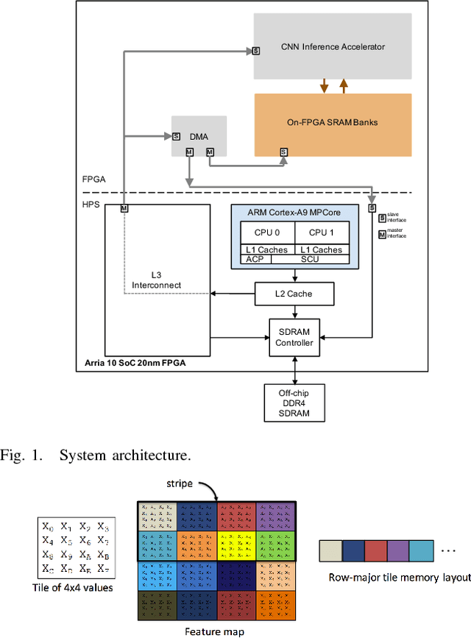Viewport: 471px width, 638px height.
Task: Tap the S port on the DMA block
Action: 177,136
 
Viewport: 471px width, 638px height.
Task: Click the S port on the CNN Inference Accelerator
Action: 256,51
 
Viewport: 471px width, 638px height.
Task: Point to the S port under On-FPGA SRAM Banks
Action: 283,152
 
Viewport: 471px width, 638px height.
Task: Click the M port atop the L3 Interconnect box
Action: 124,209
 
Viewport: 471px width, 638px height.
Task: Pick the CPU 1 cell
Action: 322,232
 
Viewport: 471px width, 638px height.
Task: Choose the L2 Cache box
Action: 294,294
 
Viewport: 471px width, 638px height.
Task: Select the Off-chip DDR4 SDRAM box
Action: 294,403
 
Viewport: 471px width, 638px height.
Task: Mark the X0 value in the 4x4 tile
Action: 48,526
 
